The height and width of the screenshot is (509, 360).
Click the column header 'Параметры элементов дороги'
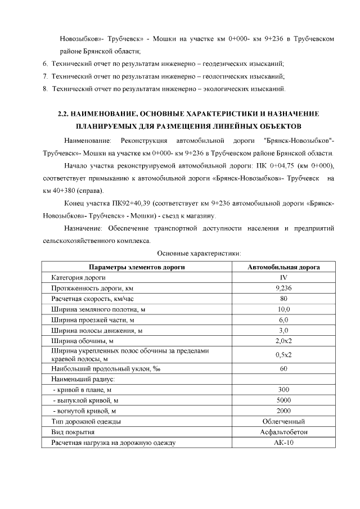click(137, 267)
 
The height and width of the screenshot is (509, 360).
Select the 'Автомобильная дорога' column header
click(283, 267)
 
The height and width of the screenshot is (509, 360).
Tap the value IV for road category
click(283, 278)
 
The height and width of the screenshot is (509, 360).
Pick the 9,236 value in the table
click(283, 289)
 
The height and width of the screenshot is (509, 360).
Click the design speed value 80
click(283, 299)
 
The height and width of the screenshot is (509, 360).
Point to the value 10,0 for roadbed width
click(283, 309)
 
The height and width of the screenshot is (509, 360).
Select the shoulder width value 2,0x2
click(283, 341)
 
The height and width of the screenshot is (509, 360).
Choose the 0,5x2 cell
click(283, 355)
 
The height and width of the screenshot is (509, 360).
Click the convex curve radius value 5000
click(283, 400)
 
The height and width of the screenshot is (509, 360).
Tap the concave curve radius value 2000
click(283, 411)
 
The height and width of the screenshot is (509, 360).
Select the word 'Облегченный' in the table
click(283, 422)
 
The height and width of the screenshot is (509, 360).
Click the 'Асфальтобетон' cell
click(283, 433)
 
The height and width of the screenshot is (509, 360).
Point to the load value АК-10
click(283, 443)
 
